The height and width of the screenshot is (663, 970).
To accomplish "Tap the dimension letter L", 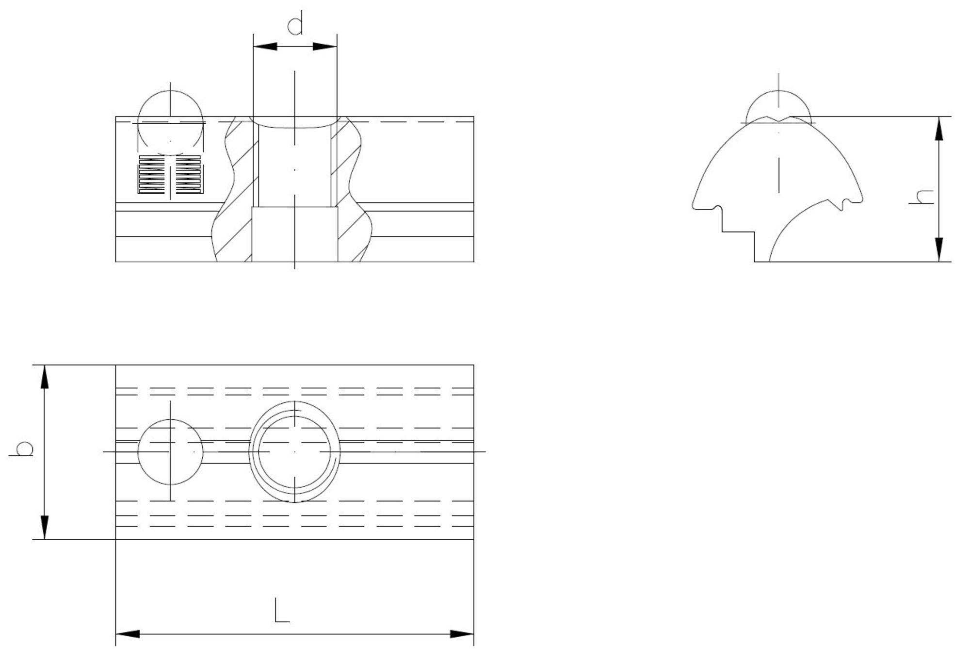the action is pyautogui.click(x=282, y=611).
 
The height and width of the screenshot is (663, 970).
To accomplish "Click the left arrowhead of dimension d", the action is pyautogui.click(x=265, y=47).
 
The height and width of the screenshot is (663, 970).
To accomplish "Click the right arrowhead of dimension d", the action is pyautogui.click(x=324, y=47).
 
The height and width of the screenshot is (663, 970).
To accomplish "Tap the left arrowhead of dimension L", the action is pyautogui.click(x=128, y=634).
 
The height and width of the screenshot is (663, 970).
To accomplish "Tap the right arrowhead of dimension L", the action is pyautogui.click(x=462, y=634).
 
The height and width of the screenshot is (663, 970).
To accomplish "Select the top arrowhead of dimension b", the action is pyautogui.click(x=45, y=377).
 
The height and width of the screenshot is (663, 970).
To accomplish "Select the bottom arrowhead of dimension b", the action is pyautogui.click(x=45, y=528).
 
